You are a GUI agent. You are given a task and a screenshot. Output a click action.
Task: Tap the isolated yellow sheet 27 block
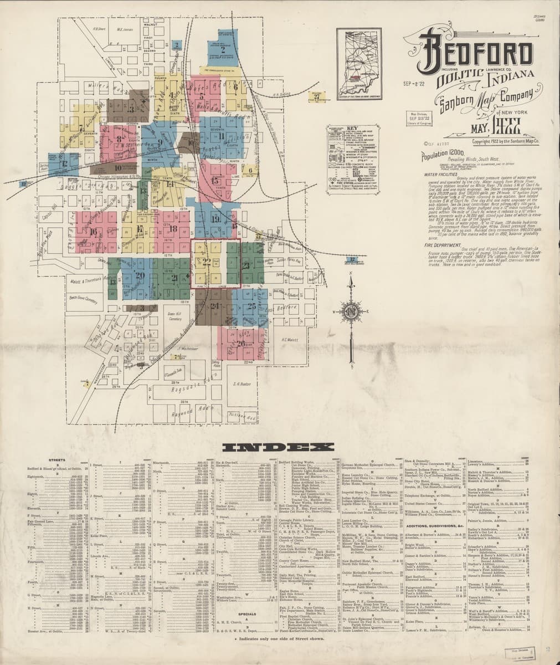click(317, 96)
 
